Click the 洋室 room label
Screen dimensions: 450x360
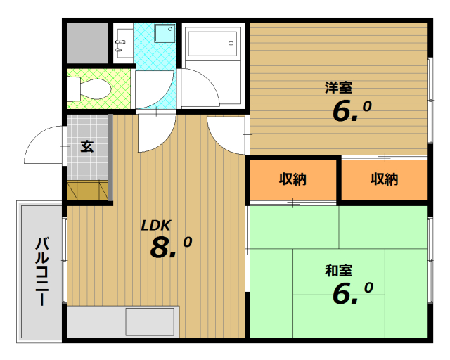tap(338, 88)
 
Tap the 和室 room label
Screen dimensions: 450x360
tap(338, 271)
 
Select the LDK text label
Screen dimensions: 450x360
tap(156, 226)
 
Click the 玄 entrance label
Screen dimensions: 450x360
tap(87, 146)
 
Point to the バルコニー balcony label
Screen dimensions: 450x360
tap(42, 271)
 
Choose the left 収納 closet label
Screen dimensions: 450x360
tap(292, 179)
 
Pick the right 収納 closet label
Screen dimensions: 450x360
tap(385, 179)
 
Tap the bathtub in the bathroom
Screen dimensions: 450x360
tap(212, 44)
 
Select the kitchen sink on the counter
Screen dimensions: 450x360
tap(150, 321)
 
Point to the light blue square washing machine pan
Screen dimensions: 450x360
tap(165, 33)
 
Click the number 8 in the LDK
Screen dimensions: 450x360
tap(160, 247)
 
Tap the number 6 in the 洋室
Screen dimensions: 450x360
tap(342, 111)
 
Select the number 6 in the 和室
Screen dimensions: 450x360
tap(342, 294)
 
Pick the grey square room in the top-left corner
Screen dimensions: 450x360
tap(87, 43)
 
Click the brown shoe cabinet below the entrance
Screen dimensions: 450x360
tap(87, 190)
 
